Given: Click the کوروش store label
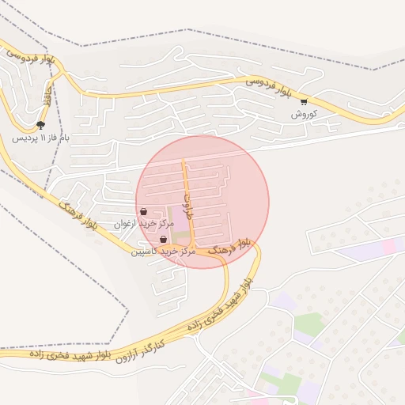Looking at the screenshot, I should tap(304, 114).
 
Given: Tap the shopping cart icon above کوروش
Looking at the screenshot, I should tap(304, 101).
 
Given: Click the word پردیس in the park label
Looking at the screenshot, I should tap(25, 138).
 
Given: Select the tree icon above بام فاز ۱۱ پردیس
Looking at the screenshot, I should tap(40, 124).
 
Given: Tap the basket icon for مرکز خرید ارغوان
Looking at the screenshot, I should tap(143, 212).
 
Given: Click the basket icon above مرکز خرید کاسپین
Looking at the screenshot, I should tap(163, 239).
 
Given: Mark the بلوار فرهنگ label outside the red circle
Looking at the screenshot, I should tap(78, 215).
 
